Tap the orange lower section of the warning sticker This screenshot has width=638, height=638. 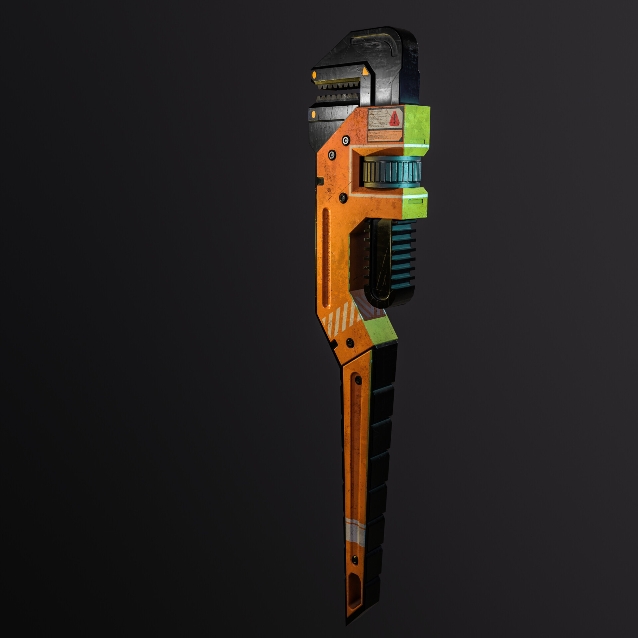[x=385, y=136]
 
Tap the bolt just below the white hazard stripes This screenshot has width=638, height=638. [x=350, y=342]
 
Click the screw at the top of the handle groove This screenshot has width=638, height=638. [x=358, y=379]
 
